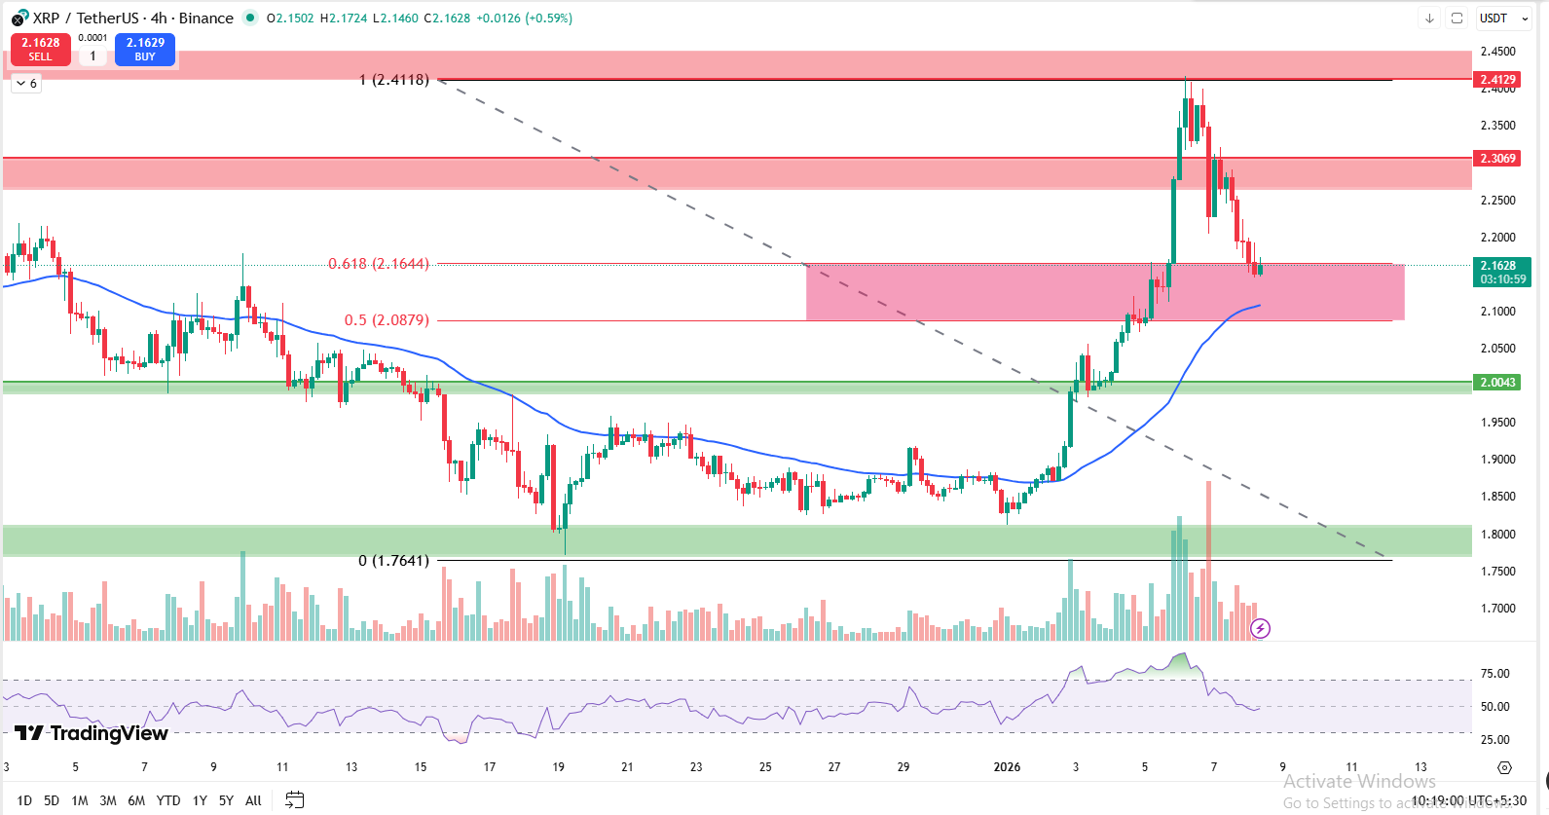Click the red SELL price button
pos(40,49)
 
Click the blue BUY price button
pos(145,49)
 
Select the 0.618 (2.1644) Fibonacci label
pos(378,264)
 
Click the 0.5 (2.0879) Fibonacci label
pos(387,320)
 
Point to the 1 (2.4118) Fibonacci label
pos(393,80)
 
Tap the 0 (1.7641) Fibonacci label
pos(393,561)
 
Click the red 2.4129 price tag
pos(1497,80)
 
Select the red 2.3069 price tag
pos(1497,158)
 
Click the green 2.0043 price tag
pos(1497,383)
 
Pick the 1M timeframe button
pos(80,800)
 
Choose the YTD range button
pos(168,800)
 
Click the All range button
pos(253,800)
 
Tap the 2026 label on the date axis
pos(1007,767)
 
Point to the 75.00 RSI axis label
pos(1494,674)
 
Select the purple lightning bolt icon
pos(1260,628)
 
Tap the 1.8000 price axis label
pos(1497,535)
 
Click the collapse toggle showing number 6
pos(26,84)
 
